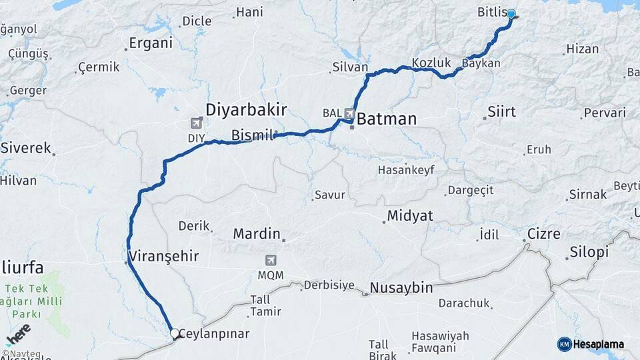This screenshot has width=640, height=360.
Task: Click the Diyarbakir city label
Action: [x=247, y=109]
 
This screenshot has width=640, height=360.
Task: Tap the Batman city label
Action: [x=387, y=119]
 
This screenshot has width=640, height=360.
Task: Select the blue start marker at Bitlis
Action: [x=511, y=14]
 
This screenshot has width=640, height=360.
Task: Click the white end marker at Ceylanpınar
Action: [x=174, y=333]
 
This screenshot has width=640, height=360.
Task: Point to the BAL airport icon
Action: [x=350, y=113]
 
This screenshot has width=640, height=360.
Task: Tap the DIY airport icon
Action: [x=196, y=123]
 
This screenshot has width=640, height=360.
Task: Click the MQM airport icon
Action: [x=271, y=259]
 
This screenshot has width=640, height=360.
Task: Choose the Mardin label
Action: [x=257, y=234]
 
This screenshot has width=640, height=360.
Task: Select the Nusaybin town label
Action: [x=401, y=288]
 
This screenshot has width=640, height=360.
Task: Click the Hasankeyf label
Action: [x=406, y=170]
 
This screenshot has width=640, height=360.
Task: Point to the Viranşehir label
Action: [x=163, y=256]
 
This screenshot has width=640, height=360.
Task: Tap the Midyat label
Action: [x=410, y=215]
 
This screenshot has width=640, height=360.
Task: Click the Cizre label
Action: [x=543, y=234]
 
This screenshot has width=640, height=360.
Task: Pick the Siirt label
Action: [x=501, y=111]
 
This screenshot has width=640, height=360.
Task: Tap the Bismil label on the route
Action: [x=252, y=135]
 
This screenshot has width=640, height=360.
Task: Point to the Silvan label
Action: [x=350, y=67]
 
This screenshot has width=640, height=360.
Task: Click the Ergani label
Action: [x=151, y=43]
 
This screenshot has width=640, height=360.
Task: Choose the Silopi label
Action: [x=589, y=253]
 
